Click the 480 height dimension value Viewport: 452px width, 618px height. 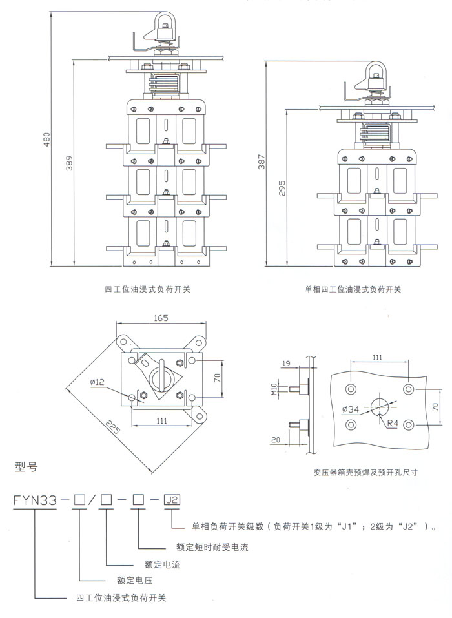click(x=46, y=140)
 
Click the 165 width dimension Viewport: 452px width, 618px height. click(x=161, y=318)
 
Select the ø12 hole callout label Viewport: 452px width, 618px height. click(x=98, y=382)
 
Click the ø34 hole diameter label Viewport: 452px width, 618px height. click(x=351, y=409)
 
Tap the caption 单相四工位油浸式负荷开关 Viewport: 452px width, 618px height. click(x=353, y=289)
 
